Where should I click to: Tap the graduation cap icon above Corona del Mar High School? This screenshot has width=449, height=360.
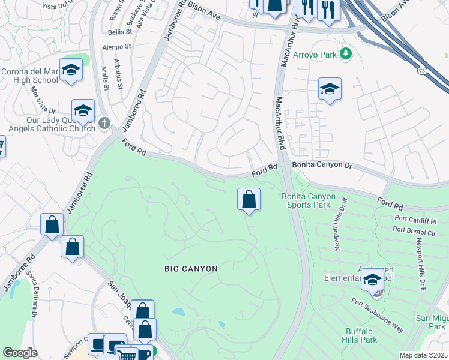(x=71, y=70)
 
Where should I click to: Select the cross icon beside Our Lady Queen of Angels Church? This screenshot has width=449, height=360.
(x=105, y=124)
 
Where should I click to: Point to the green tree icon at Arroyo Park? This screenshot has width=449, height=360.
(x=345, y=54)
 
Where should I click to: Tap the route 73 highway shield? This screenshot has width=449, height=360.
(x=422, y=70)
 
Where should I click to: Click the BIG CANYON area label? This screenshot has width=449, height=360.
(x=191, y=269)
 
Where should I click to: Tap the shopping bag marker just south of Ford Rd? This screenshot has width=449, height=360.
(x=249, y=199)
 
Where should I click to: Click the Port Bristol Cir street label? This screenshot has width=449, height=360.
(x=415, y=229)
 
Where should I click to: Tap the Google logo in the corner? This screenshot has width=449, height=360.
(x=20, y=353)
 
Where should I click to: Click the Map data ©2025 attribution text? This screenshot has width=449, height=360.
(x=423, y=355)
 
